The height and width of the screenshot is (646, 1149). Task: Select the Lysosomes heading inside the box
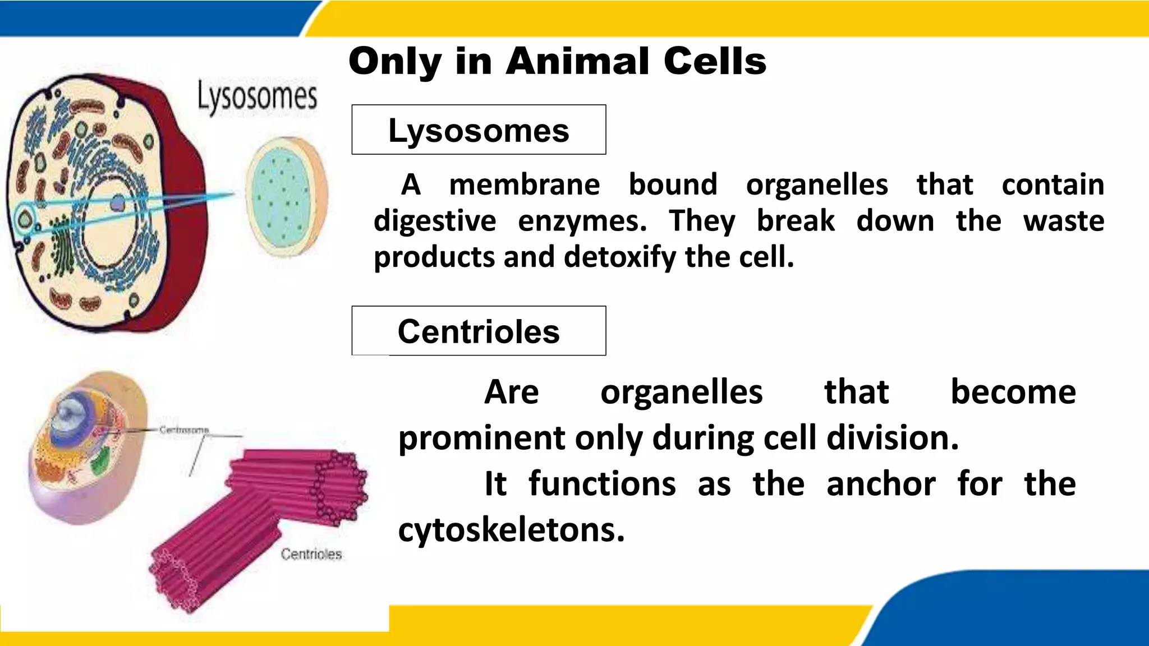tap(479, 131)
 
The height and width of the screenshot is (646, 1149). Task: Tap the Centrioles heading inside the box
tap(479, 331)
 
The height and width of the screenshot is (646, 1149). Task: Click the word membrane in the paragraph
tap(525, 184)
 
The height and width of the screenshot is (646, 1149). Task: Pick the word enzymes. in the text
tap(582, 221)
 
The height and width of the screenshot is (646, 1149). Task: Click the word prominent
tap(481, 438)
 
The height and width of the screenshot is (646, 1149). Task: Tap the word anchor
tap(881, 484)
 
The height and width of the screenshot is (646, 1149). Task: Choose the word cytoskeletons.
tap(511, 530)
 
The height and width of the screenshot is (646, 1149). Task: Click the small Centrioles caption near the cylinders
tap(311, 555)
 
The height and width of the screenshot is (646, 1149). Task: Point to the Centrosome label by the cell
tap(184, 430)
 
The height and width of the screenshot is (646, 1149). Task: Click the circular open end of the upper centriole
tap(337, 485)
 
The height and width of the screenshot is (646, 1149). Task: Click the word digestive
tap(435, 221)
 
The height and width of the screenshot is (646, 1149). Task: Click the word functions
tap(602, 484)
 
